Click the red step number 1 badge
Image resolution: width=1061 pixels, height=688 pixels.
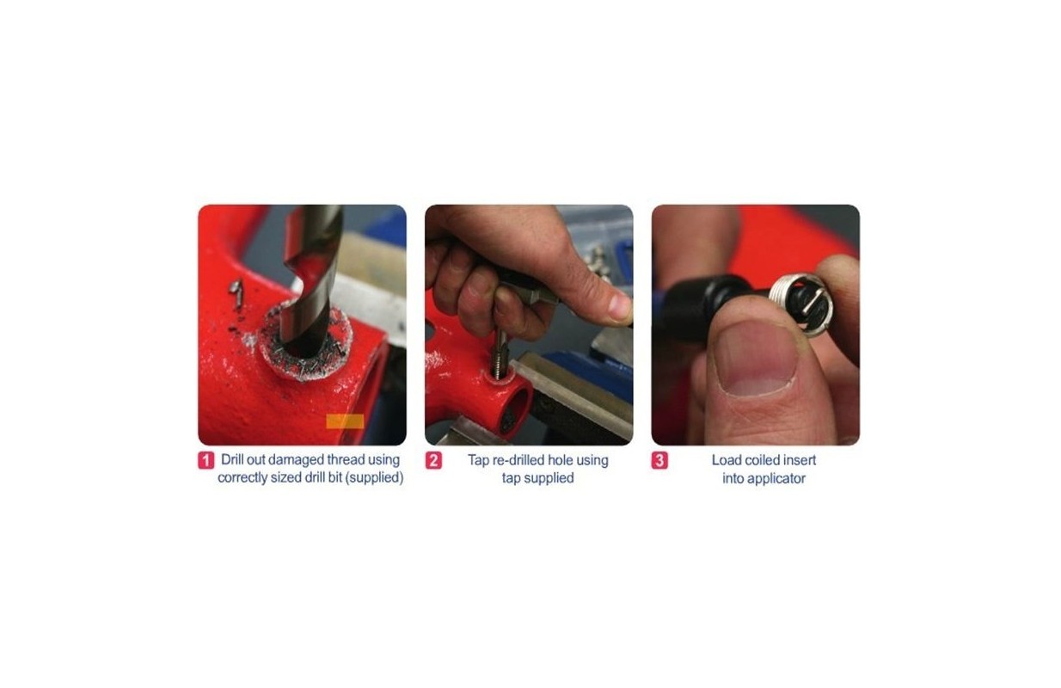[205, 461]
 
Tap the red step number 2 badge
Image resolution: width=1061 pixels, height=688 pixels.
[433, 461]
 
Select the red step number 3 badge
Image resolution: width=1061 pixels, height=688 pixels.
[659, 461]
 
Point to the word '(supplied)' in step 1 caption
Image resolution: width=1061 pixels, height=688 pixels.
[374, 477]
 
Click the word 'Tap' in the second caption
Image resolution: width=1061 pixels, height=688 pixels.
[478, 461]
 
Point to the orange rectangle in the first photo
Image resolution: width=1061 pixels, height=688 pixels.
[345, 421]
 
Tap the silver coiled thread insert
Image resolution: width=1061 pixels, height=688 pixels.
[798, 305]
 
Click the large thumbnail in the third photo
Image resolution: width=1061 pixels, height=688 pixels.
[757, 359]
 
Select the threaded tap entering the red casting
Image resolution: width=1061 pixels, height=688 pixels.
[500, 354]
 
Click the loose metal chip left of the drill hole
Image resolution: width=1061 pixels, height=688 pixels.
[236, 292]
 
